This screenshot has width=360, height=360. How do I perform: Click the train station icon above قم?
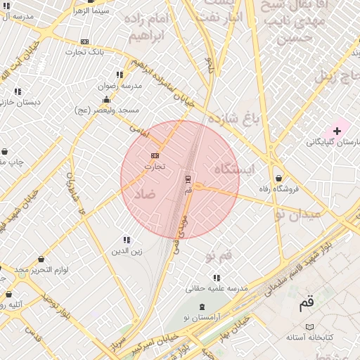(x=187, y=178)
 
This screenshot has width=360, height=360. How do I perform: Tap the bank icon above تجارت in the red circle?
(x=155, y=155)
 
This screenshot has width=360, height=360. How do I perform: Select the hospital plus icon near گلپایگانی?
(x=337, y=131)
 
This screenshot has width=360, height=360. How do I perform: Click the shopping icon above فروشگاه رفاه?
(x=280, y=178)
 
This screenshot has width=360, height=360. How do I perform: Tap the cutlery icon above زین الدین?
(x=127, y=240)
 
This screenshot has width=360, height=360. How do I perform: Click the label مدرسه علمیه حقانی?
(x=217, y=288)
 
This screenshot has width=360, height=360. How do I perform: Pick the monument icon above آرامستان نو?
(x=203, y=307)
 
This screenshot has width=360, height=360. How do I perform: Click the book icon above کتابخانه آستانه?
(x=310, y=327)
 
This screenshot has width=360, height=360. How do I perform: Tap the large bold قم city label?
(x=307, y=304)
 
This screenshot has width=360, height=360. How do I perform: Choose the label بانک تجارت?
(x=85, y=52)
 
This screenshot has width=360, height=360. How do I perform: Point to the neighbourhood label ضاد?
(x=145, y=195)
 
